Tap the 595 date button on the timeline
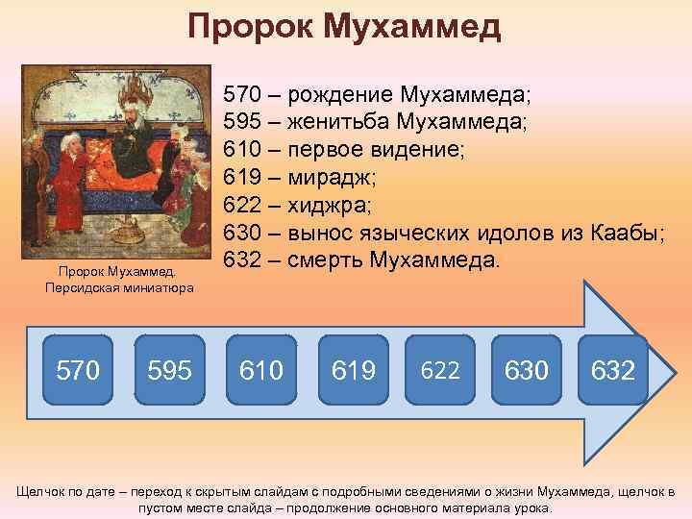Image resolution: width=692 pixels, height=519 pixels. click(169, 367)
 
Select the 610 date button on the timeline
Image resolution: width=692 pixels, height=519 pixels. click(259, 367)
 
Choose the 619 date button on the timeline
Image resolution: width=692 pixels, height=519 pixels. click(353, 367)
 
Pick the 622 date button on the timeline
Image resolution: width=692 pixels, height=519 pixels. click(440, 367)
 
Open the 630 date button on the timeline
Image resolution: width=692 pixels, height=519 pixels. click(527, 367)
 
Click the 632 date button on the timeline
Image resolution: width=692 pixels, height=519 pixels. click(613, 367)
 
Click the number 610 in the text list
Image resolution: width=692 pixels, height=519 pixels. click(242, 151)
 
